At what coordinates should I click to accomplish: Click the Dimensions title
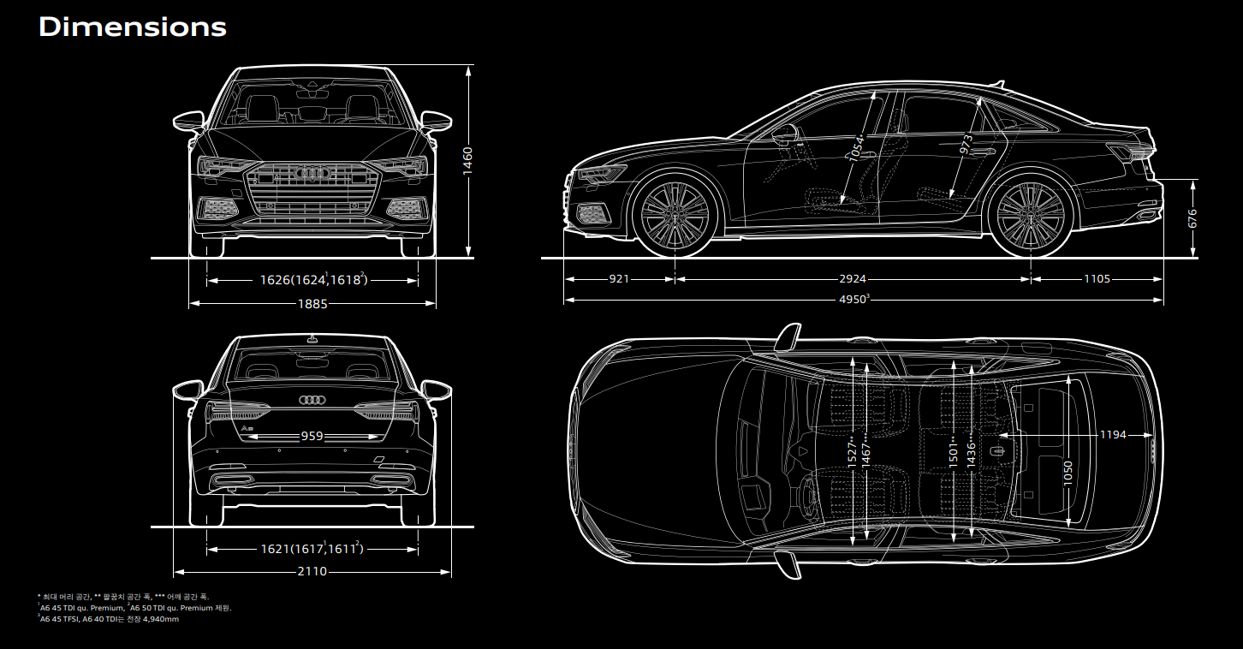pos(133,27)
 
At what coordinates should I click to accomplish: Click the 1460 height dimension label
pos(467,161)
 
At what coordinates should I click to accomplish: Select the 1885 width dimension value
pos(312,303)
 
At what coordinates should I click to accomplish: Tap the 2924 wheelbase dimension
pos(853,279)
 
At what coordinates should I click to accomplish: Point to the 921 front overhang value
pos(619,279)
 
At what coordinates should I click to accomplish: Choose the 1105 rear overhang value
pos(1097,279)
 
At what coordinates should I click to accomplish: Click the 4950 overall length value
pos(853,300)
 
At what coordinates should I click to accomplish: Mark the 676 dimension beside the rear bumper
pos(1192,217)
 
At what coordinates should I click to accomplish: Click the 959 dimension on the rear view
pos(312,436)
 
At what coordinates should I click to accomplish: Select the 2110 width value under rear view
pos(312,571)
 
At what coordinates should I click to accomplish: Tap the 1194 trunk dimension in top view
pos(1112,435)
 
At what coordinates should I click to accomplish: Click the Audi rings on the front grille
pos(312,174)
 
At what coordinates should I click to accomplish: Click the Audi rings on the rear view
pos(312,400)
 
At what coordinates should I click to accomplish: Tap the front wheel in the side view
pos(675,215)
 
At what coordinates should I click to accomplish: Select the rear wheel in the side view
pos(1031,215)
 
